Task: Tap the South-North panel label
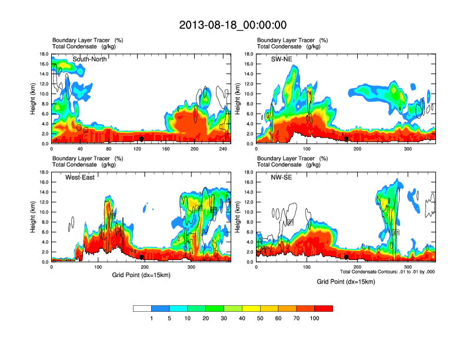coord(89,59)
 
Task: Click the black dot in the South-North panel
coord(141,139)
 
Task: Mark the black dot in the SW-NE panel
coord(347,139)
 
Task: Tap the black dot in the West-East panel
coord(141,257)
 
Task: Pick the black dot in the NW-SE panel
coord(347,257)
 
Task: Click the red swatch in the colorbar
coord(324,308)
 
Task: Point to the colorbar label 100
coord(315,318)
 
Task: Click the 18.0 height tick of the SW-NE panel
coord(248,54)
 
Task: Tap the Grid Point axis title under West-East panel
coord(141,274)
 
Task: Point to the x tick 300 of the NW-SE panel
coord(408,268)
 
